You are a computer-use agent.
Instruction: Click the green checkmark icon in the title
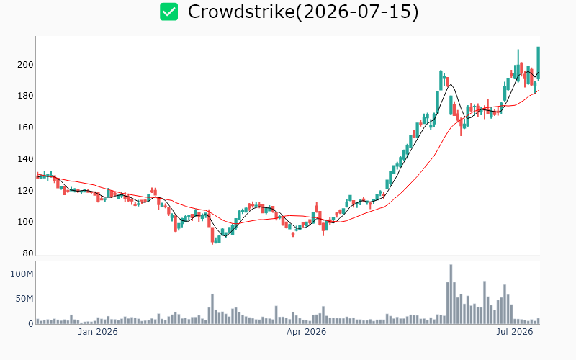[169, 12]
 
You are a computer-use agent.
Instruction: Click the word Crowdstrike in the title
[241, 12]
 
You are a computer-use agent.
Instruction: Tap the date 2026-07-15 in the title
[356, 12]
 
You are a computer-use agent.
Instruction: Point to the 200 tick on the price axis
[25, 65]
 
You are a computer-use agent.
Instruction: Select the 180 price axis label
[25, 96]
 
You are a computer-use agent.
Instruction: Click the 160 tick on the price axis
[25, 127]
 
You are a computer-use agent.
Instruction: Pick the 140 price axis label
[25, 159]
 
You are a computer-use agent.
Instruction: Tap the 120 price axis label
[25, 191]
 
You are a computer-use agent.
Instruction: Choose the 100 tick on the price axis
[25, 222]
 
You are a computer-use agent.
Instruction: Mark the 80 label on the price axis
[28, 253]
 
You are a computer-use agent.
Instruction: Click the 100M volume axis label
[22, 274]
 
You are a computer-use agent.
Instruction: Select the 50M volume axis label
[24, 299]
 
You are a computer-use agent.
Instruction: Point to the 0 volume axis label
[31, 323]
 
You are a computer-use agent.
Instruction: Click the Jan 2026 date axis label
[98, 332]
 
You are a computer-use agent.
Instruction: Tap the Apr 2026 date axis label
[307, 332]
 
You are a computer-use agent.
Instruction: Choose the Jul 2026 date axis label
[515, 332]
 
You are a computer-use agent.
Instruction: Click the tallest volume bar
[451, 294]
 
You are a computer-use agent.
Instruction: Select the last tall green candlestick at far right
[538, 63]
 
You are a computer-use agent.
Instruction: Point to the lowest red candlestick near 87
[212, 235]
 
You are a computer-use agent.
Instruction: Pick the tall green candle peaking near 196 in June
[441, 80]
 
